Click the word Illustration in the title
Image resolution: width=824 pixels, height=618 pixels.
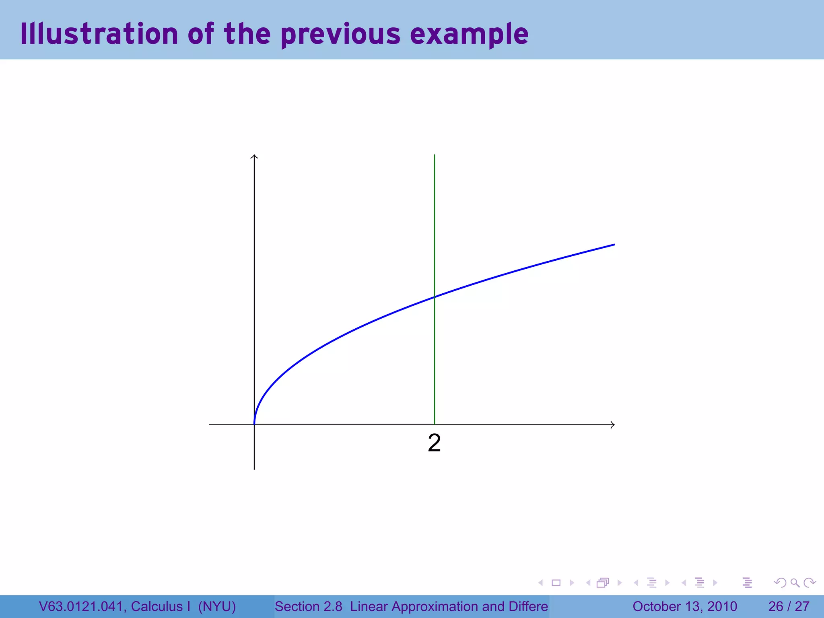point(99,34)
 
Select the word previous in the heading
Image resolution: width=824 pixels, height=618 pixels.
point(340,35)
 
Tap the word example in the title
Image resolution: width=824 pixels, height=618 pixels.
point(469,35)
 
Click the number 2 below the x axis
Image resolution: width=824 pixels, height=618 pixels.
point(434,443)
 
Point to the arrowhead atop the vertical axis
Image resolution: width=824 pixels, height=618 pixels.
point(254,156)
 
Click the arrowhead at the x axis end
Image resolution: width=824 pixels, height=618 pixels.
point(613,424)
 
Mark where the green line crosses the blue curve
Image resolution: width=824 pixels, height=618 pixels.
point(435,297)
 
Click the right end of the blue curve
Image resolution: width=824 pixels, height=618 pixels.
point(614,245)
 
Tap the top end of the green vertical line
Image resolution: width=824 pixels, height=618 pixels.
point(435,155)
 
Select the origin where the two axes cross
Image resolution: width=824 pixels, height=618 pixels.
point(254,424)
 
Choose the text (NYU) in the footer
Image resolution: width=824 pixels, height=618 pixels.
point(217,606)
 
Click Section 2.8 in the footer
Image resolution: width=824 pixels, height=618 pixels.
point(308,606)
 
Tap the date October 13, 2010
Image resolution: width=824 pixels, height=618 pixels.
point(684,606)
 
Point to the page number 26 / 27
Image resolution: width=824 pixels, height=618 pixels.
point(789,606)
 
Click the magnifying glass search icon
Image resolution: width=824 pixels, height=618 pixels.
point(795,583)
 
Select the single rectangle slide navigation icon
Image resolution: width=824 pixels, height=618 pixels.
point(556,583)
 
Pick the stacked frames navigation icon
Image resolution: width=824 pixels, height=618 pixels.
point(603,583)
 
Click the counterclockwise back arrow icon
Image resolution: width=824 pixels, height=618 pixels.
point(780,583)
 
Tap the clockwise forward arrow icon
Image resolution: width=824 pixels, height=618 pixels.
point(809,583)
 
